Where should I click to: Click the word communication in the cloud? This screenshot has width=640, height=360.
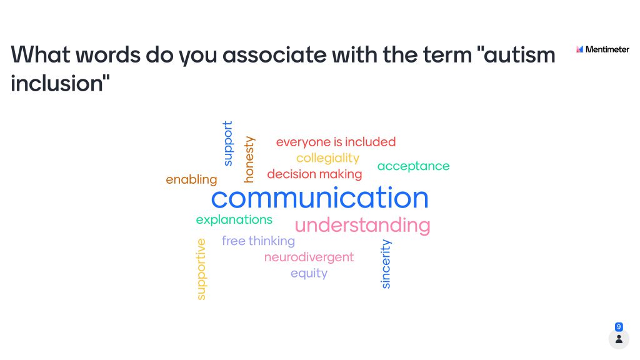click(319, 197)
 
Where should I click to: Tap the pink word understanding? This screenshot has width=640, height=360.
click(362, 225)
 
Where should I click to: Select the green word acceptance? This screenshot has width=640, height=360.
click(414, 166)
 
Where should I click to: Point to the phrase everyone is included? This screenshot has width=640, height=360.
click(336, 142)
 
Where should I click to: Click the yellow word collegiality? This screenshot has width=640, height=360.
click(327, 158)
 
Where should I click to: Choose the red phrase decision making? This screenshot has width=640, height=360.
click(315, 174)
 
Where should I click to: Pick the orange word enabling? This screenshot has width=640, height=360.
click(191, 179)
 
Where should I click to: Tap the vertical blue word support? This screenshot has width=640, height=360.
click(227, 143)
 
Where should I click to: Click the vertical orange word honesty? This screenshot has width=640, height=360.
click(249, 159)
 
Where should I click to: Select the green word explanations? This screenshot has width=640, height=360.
click(234, 219)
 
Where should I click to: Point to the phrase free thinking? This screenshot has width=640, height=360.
click(258, 241)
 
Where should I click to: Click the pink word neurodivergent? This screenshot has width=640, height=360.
click(309, 257)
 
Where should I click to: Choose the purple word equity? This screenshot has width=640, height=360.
click(309, 273)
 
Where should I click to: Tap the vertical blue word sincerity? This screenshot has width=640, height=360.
click(386, 264)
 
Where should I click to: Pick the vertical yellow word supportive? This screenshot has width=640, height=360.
click(201, 269)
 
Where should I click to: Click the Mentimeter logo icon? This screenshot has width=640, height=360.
click(579, 49)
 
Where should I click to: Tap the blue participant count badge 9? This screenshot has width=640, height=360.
click(619, 327)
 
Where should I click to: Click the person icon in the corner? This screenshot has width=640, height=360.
click(619, 339)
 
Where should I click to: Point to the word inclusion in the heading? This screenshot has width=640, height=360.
click(57, 84)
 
